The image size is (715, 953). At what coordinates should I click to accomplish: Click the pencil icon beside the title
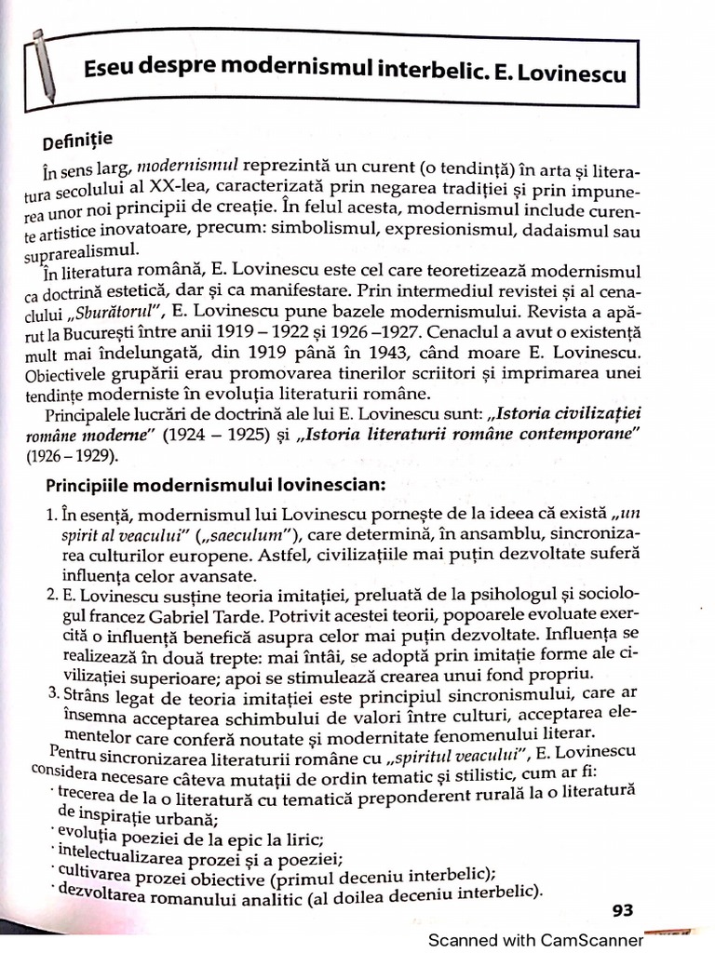43,65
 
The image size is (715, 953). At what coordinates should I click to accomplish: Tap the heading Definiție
77,141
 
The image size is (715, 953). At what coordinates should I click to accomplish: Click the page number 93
623,910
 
